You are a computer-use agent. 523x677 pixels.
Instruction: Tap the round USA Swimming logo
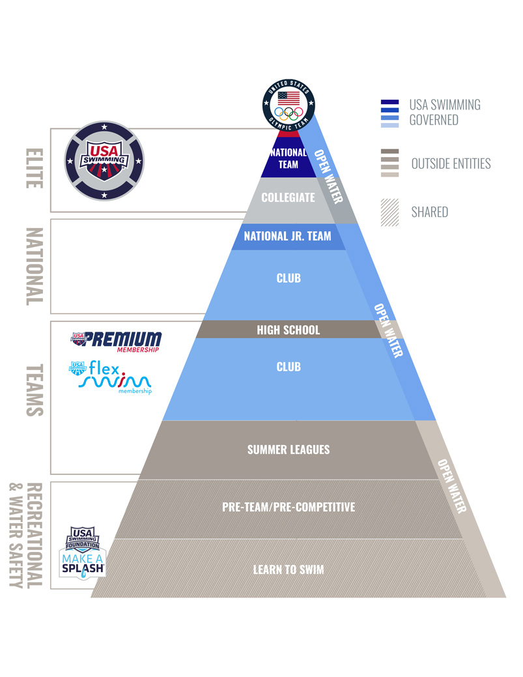pos(104,160)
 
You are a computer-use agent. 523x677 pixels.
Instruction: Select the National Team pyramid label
pos(289,158)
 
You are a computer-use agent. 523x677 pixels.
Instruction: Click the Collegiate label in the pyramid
pos(289,197)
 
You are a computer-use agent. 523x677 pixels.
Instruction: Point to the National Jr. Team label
pos(287,237)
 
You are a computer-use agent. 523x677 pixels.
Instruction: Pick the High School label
pos(289,330)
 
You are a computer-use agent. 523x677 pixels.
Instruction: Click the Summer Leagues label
pos(289,450)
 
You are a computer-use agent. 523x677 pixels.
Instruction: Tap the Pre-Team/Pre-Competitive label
pos(289,506)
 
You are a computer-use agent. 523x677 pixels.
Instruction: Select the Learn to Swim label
pos(289,569)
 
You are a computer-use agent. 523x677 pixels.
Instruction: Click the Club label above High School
pos(289,278)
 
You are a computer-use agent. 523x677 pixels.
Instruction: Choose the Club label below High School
pos(289,367)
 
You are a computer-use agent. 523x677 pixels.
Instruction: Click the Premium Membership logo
pos(116,341)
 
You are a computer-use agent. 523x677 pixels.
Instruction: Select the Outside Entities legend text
pos(451,164)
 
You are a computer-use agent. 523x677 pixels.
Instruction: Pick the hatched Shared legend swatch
pos(389,212)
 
